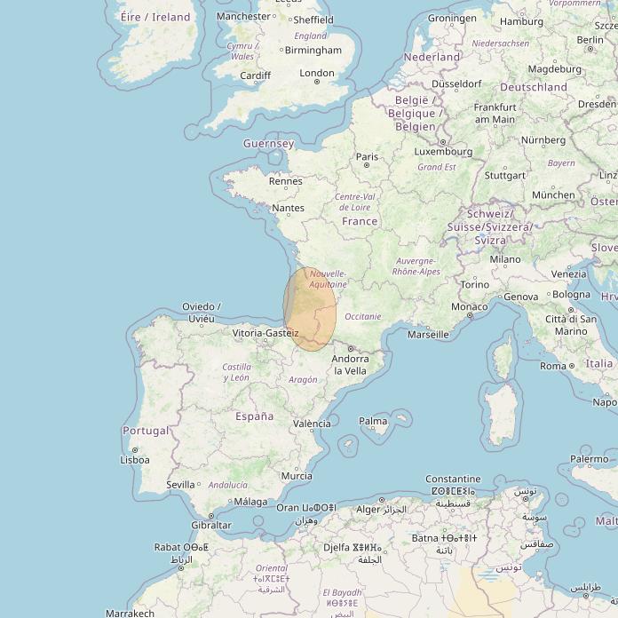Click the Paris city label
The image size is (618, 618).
tap(367, 156)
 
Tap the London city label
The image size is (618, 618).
tap(317, 73)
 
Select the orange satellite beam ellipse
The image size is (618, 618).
tap(310, 309)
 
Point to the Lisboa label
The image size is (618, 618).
tap(135, 460)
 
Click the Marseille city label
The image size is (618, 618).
tap(428, 335)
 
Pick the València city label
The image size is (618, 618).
tap(312, 424)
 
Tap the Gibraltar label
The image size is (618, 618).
tap(211, 525)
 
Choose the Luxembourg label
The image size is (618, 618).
tap(443, 151)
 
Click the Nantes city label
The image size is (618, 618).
tap(288, 208)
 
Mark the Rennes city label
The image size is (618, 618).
tap(286, 181)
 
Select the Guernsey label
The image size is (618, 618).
tap(268, 143)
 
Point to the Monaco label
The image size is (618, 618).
tap(470, 306)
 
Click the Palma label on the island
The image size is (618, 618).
tap(373, 421)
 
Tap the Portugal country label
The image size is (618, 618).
tap(146, 431)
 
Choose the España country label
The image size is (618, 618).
tap(254, 416)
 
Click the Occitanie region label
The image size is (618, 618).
tap(362, 316)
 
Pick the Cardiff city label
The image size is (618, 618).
tap(255, 75)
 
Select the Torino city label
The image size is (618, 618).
tap(474, 284)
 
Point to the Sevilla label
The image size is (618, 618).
tap(180, 485)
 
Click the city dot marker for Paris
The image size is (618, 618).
tap(367, 166)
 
